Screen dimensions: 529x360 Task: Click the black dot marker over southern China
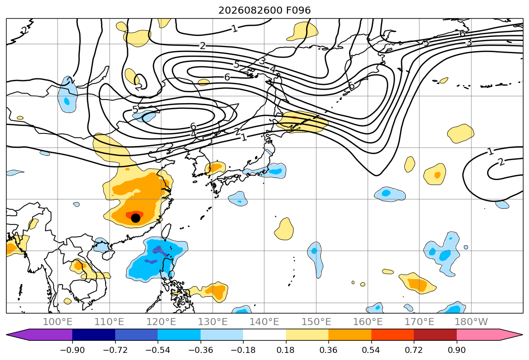(135, 218)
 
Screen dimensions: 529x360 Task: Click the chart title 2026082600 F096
(265, 10)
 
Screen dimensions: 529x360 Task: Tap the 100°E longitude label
(58, 322)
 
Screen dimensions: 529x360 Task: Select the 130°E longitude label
(213, 322)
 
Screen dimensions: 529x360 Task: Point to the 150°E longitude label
(316, 322)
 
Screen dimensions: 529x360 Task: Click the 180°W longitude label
(471, 322)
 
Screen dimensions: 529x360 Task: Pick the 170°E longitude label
(419, 322)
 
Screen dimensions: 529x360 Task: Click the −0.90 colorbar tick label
(72, 350)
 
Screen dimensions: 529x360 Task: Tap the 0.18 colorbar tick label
(286, 350)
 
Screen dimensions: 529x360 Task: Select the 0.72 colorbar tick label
(414, 350)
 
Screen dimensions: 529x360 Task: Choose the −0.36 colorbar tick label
(201, 350)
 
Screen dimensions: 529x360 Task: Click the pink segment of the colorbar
(477, 335)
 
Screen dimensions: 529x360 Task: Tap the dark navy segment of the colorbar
(94, 335)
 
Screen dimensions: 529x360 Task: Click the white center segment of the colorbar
(265, 335)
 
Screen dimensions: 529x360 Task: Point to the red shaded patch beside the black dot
(134, 214)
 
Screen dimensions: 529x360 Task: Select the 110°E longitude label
(109, 322)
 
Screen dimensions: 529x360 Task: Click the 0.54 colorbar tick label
(371, 350)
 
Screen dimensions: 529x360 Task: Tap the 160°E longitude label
(368, 322)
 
